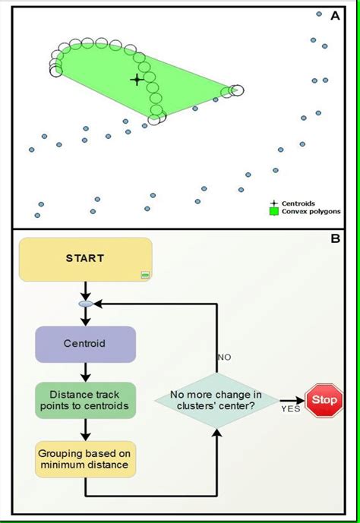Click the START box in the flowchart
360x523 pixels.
(x=85, y=259)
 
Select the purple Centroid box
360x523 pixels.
(x=85, y=344)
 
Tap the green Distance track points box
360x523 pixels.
(x=85, y=400)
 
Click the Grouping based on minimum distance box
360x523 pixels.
(x=85, y=458)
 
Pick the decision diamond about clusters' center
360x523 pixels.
(x=216, y=400)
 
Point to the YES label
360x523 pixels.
(x=290, y=409)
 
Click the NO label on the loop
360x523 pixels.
(x=224, y=356)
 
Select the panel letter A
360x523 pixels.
(x=334, y=14)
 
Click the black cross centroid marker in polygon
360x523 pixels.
(x=137, y=79)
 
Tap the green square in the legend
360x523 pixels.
(x=275, y=212)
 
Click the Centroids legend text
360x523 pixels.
(x=298, y=203)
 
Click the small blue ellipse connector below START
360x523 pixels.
(x=86, y=304)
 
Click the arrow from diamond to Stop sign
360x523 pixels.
(x=291, y=399)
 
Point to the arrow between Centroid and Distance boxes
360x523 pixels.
(x=86, y=372)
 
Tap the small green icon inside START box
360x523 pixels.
(x=144, y=275)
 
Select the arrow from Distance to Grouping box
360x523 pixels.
(x=86, y=430)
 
